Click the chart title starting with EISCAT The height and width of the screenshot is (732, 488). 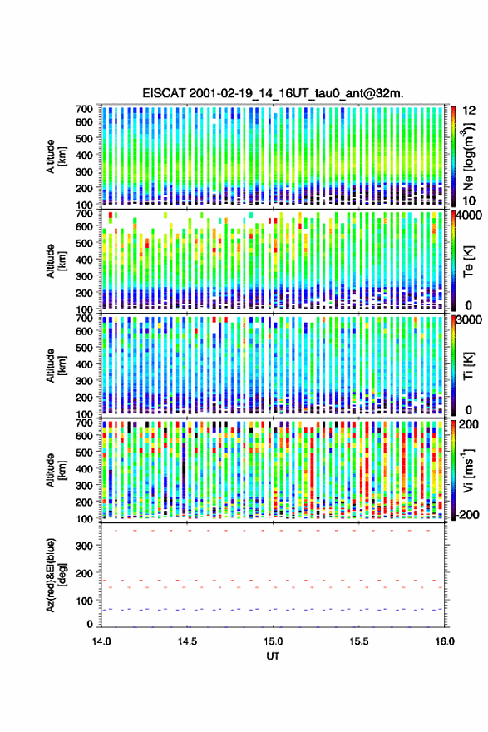pos(273,93)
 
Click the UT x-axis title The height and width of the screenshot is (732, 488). pos(273,656)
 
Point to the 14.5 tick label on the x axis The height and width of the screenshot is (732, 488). pos(187,641)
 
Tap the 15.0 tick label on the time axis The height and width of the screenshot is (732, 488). pos(273,641)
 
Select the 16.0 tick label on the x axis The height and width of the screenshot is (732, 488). pos(445,641)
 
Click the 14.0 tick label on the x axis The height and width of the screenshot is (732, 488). pos(101,641)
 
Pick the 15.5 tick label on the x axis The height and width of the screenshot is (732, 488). pos(359,641)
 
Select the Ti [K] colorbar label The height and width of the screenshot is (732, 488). pos(468,366)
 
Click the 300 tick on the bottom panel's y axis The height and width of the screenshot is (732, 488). pos(85,546)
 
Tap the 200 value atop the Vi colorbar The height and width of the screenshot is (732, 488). pos(469,424)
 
